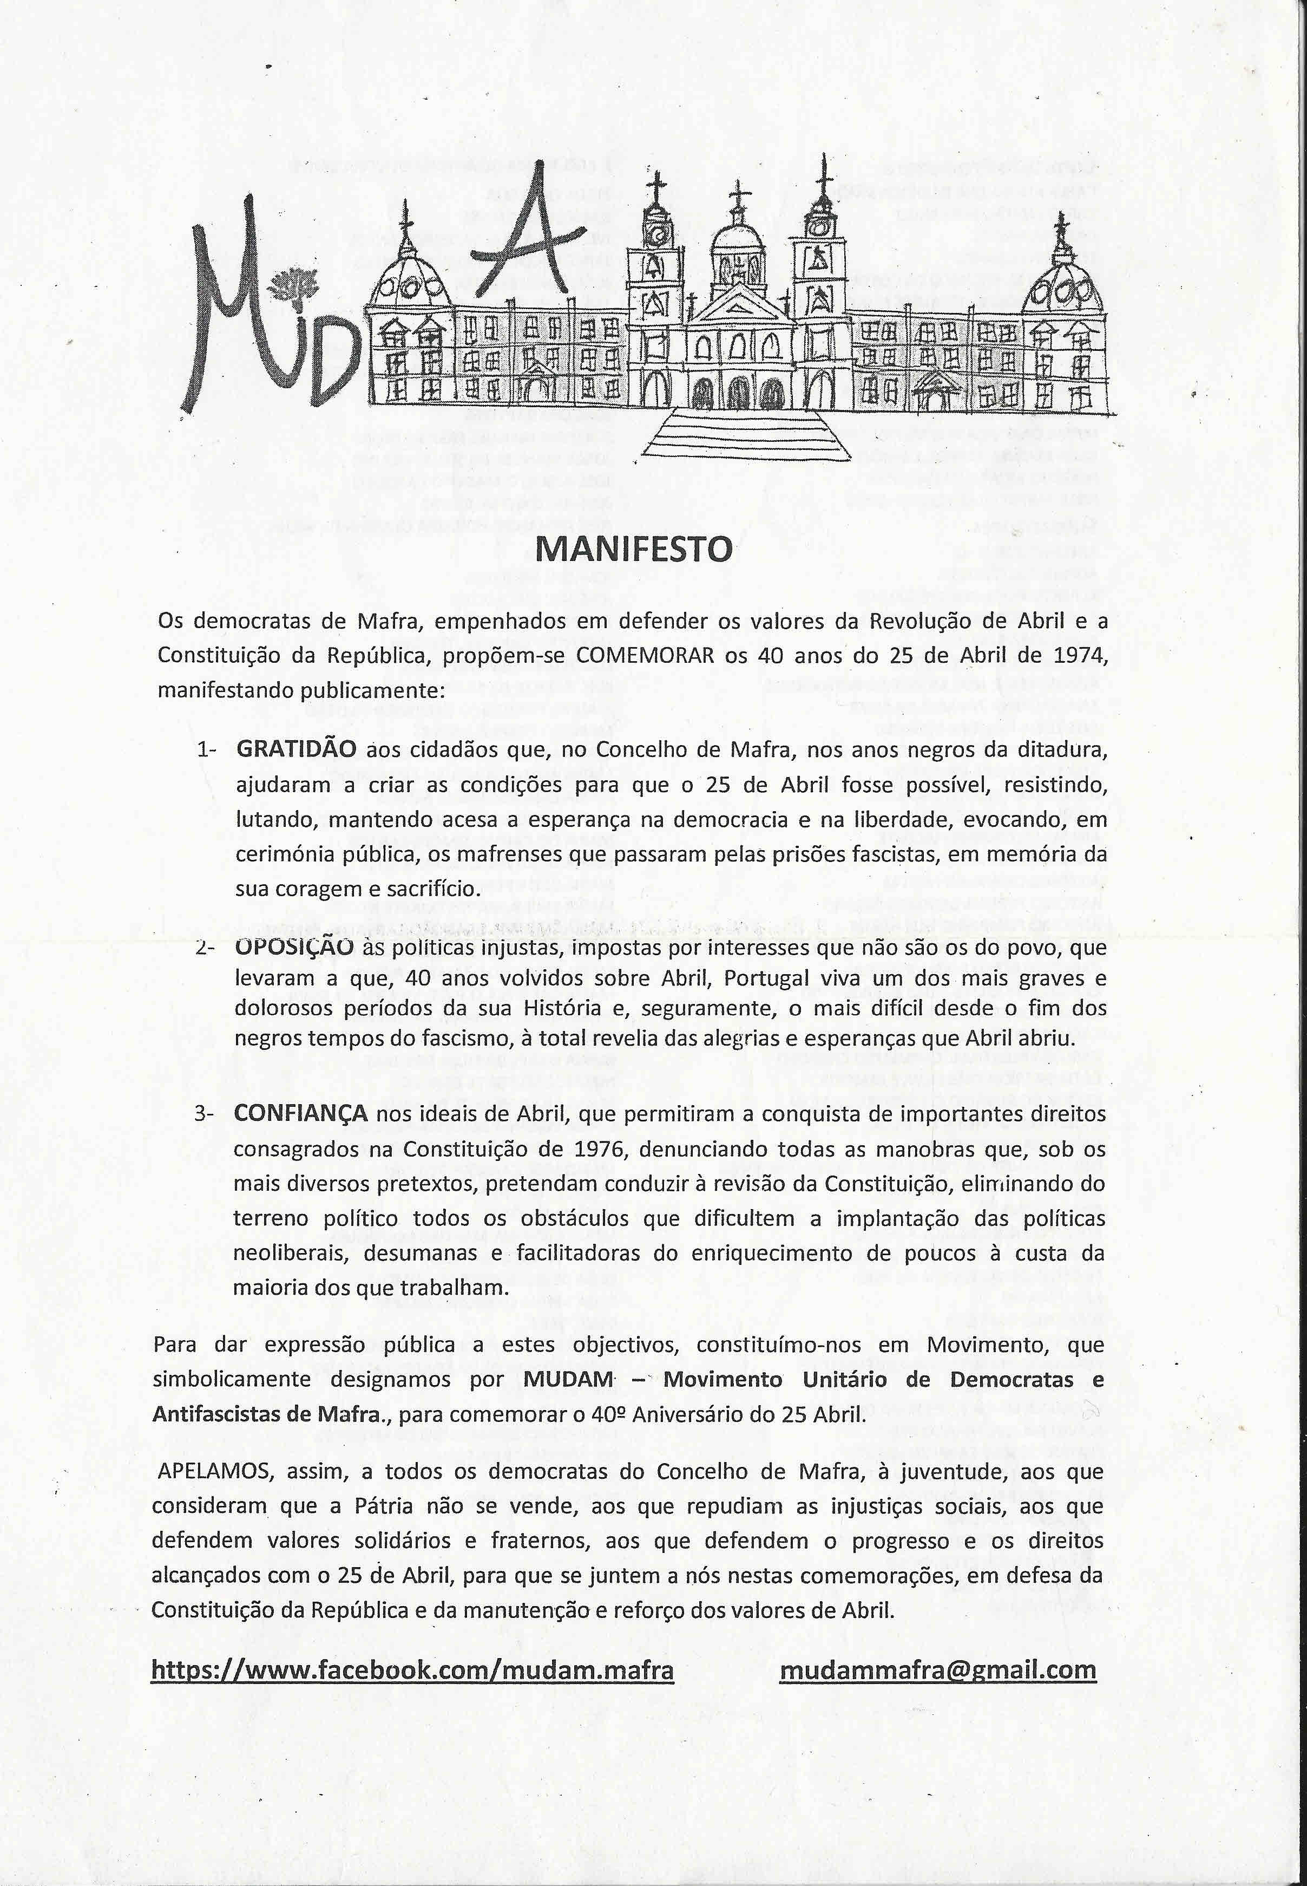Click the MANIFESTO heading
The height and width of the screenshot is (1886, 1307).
633,549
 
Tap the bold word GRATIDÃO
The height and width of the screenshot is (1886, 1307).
295,749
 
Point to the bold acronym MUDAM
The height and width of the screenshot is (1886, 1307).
568,1380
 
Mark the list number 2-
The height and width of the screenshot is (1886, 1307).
204,949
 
